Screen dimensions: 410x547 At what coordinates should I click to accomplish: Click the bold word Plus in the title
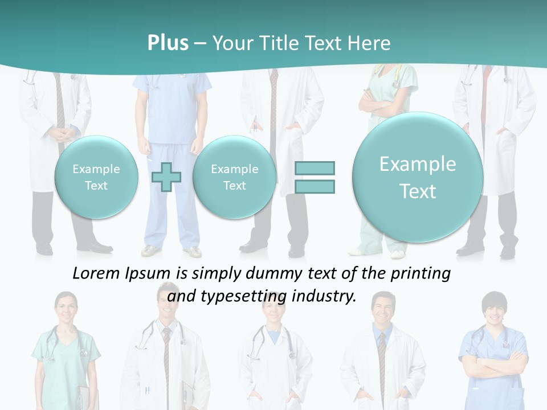[x=168, y=43]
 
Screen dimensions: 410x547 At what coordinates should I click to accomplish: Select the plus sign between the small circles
[x=166, y=177]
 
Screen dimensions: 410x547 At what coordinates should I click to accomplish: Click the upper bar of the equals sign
[x=315, y=168]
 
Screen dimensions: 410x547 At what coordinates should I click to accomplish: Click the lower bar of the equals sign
[x=315, y=186]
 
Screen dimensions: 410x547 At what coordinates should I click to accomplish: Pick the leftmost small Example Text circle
[x=96, y=177]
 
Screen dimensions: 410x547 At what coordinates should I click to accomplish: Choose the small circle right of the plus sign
[x=234, y=177]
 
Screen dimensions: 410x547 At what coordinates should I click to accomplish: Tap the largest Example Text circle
[x=418, y=177]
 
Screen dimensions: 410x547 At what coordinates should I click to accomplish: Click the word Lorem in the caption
[x=97, y=274]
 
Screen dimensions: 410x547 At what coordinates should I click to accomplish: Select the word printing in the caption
[x=421, y=274]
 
